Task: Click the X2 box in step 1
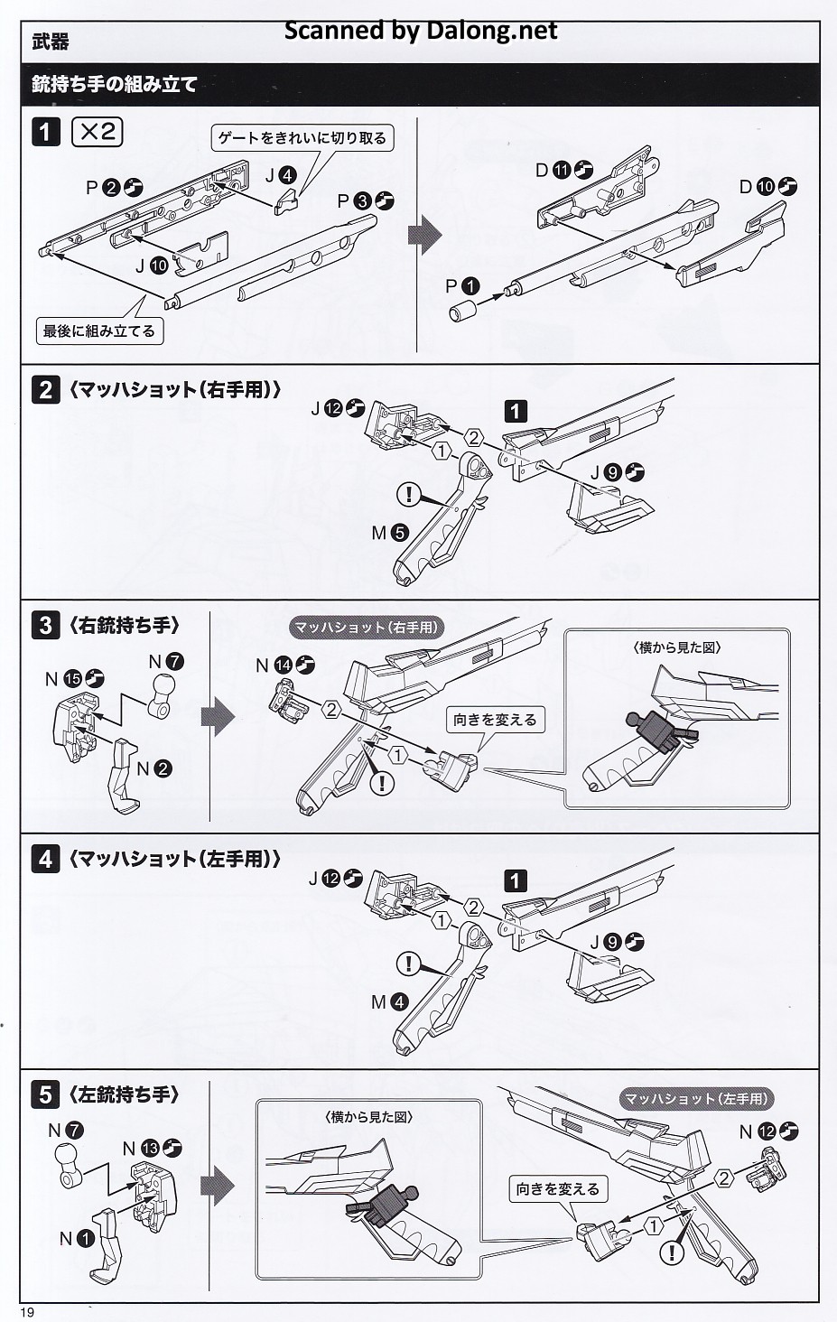(x=97, y=132)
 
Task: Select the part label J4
(x=281, y=175)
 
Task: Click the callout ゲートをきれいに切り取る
(x=302, y=139)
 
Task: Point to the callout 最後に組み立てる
(x=99, y=331)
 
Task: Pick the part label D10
(x=767, y=187)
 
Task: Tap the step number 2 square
(x=45, y=390)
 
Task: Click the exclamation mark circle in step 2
(x=409, y=493)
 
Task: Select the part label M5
(x=389, y=533)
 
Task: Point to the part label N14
(x=285, y=666)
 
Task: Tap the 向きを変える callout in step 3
(x=495, y=720)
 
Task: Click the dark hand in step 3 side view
(x=661, y=732)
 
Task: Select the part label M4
(x=389, y=1002)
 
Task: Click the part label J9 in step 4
(x=617, y=942)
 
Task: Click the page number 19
(x=27, y=1312)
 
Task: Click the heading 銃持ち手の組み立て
(x=115, y=85)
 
